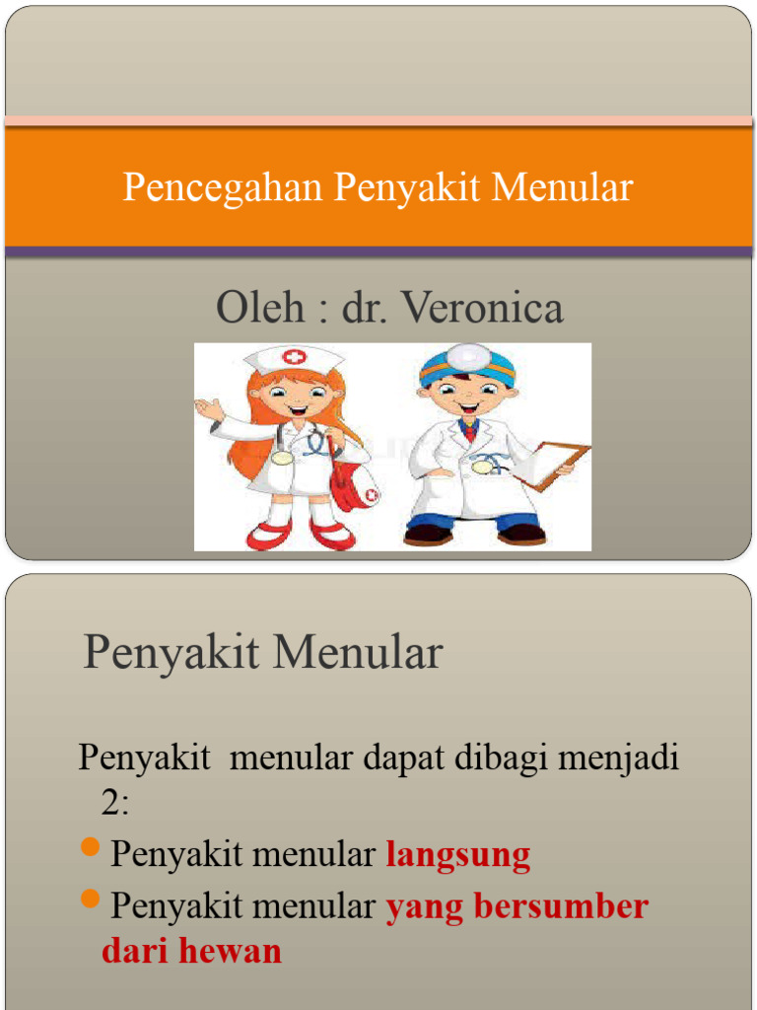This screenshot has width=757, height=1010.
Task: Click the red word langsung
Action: point(458,855)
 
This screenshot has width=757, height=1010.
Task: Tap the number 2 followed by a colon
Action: point(114,804)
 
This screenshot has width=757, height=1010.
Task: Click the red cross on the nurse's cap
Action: point(294,357)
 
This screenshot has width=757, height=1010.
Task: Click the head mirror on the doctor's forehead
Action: point(469,356)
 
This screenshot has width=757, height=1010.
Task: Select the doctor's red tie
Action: point(469,430)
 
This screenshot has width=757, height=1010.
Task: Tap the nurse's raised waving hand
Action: point(207,407)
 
